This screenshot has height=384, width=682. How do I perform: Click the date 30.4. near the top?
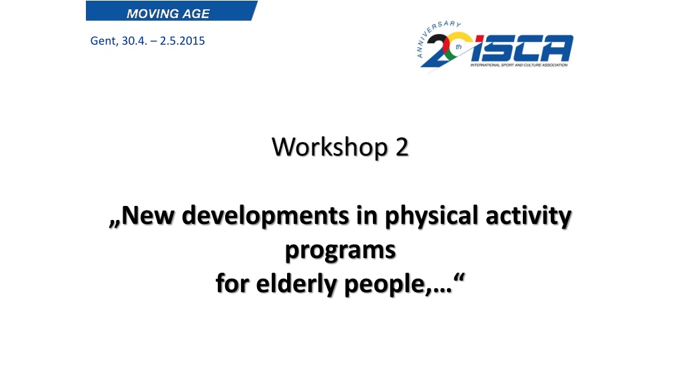tap(135, 41)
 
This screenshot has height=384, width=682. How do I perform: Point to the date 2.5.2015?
tap(182, 41)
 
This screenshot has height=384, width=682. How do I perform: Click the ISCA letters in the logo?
tap(522, 48)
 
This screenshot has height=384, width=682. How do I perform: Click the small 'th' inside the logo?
tap(458, 47)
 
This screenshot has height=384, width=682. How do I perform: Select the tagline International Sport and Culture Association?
tap(519, 65)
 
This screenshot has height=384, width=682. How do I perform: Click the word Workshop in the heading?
tap(330, 147)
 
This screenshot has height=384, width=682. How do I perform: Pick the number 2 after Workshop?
tap(402, 147)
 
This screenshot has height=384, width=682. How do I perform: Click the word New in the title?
tap(147, 215)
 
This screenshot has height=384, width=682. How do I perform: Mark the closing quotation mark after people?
tap(459, 277)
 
